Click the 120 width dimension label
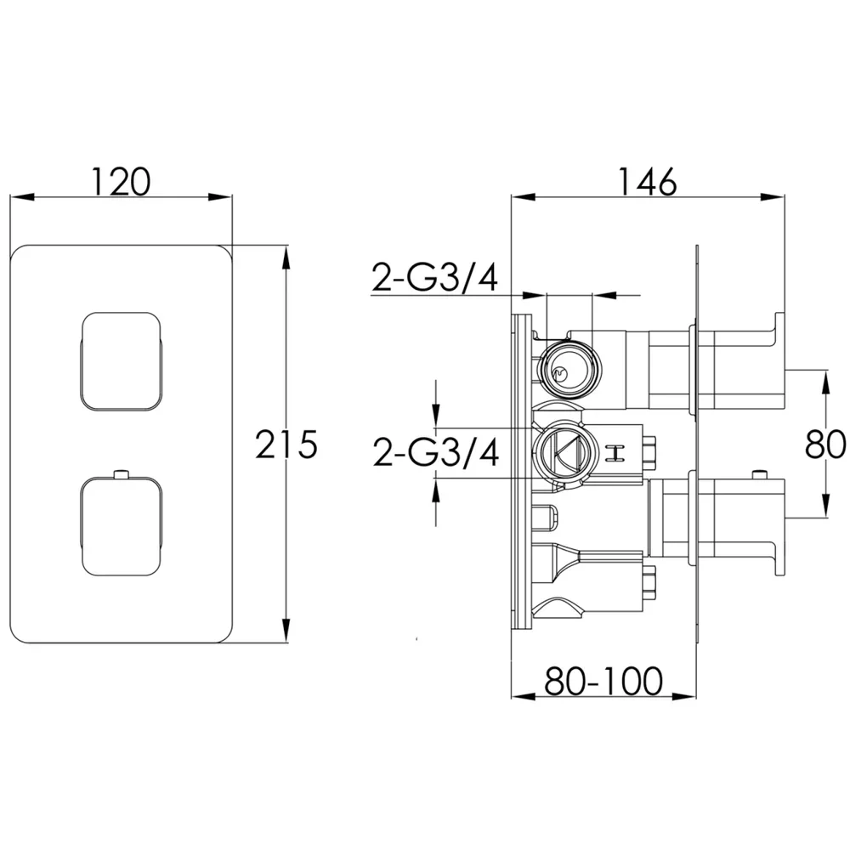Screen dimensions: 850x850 tap(121, 182)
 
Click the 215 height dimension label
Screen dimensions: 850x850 tap(286, 445)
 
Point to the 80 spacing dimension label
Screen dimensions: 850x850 tap(824, 444)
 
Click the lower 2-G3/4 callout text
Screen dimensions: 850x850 tap(436, 453)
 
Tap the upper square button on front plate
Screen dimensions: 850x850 tap(121, 361)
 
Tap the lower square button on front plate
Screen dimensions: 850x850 tap(121, 526)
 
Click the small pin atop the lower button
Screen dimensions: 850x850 tap(121, 473)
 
